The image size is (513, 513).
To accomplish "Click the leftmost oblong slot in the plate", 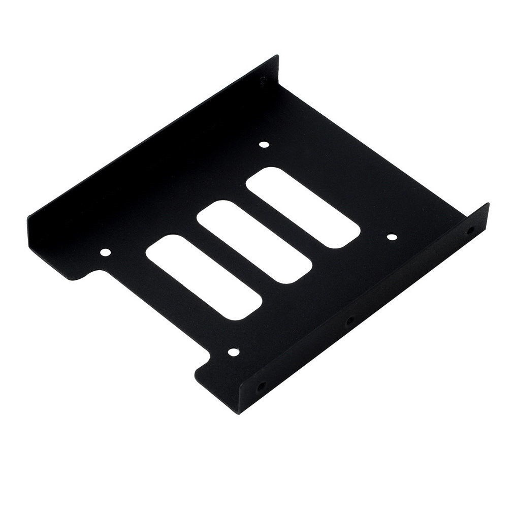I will (203, 277).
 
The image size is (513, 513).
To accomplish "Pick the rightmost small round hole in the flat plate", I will (392, 236).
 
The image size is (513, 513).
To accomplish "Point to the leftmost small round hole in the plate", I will (105, 251).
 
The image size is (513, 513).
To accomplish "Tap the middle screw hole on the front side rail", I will (349, 321).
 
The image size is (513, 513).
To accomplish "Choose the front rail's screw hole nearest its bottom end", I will (261, 386).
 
